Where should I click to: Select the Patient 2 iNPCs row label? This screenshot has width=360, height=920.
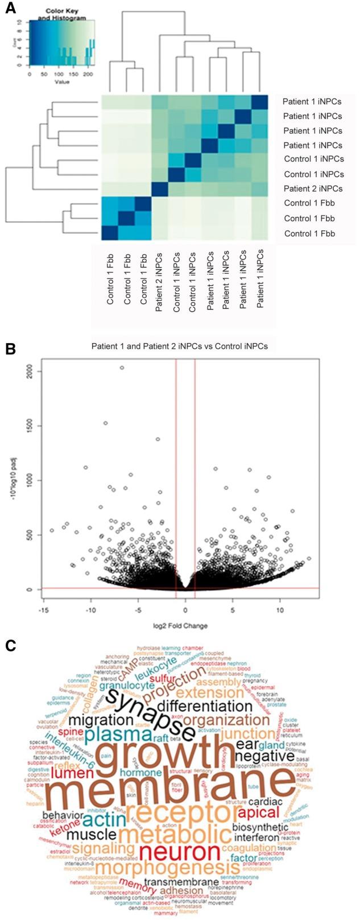point(312,189)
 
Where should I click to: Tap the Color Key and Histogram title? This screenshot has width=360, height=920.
point(62,14)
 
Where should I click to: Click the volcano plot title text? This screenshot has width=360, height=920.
point(180,345)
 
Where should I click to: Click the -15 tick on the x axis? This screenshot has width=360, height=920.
point(43,610)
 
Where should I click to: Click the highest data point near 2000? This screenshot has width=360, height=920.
point(122,368)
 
